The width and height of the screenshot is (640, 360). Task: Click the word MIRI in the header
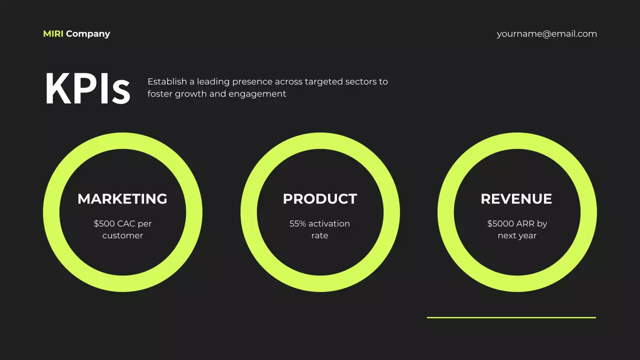[53, 34]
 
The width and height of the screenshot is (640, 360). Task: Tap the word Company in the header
[88, 34]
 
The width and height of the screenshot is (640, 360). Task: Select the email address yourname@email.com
[546, 34]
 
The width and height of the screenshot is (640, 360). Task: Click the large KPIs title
[87, 89]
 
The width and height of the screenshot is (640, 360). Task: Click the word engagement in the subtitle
[257, 94]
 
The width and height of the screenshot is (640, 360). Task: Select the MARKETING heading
[122, 199]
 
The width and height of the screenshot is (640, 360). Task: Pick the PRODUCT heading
[320, 199]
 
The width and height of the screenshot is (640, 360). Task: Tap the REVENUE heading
[516, 199]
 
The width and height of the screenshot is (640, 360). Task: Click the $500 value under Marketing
[104, 223]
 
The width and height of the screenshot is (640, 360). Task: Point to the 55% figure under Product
[297, 223]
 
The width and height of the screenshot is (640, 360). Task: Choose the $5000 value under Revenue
[500, 223]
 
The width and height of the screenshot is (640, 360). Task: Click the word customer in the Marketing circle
[122, 235]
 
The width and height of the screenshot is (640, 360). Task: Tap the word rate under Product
[320, 235]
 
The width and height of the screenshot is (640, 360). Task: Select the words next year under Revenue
[517, 235]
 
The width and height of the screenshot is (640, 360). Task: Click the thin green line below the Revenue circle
[511, 317]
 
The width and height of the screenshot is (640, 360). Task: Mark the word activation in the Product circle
[329, 223]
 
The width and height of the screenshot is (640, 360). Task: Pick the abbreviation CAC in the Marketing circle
[126, 223]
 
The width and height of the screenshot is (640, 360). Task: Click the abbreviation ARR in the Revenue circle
[525, 223]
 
